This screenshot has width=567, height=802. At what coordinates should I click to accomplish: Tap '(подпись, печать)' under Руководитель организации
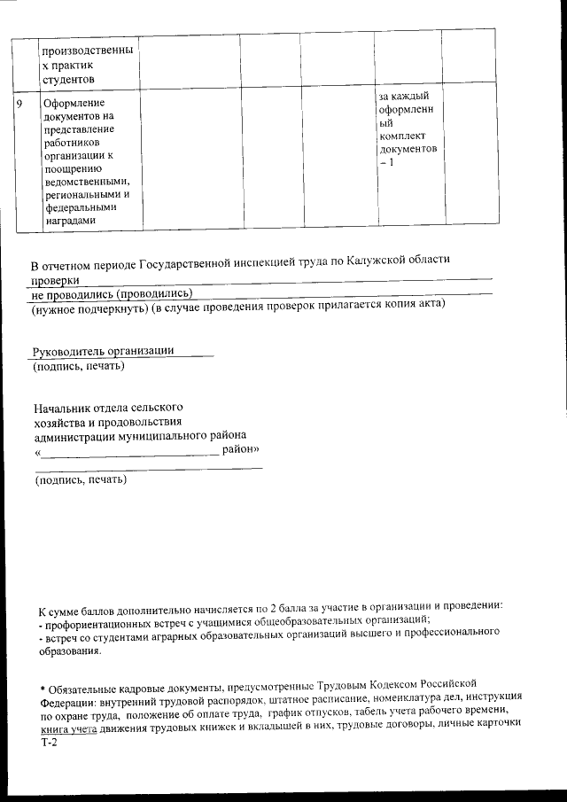click(x=78, y=365)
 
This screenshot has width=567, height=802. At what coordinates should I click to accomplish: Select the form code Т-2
click(x=48, y=744)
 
